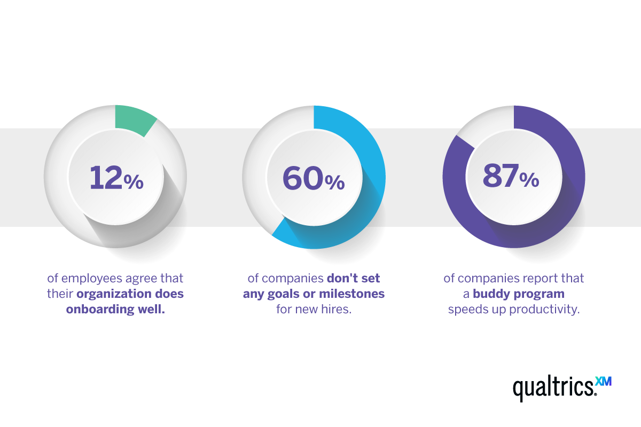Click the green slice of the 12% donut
point(134,118)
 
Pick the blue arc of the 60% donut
point(369,176)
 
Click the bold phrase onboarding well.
point(115,310)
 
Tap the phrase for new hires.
point(314,310)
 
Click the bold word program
point(538,294)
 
